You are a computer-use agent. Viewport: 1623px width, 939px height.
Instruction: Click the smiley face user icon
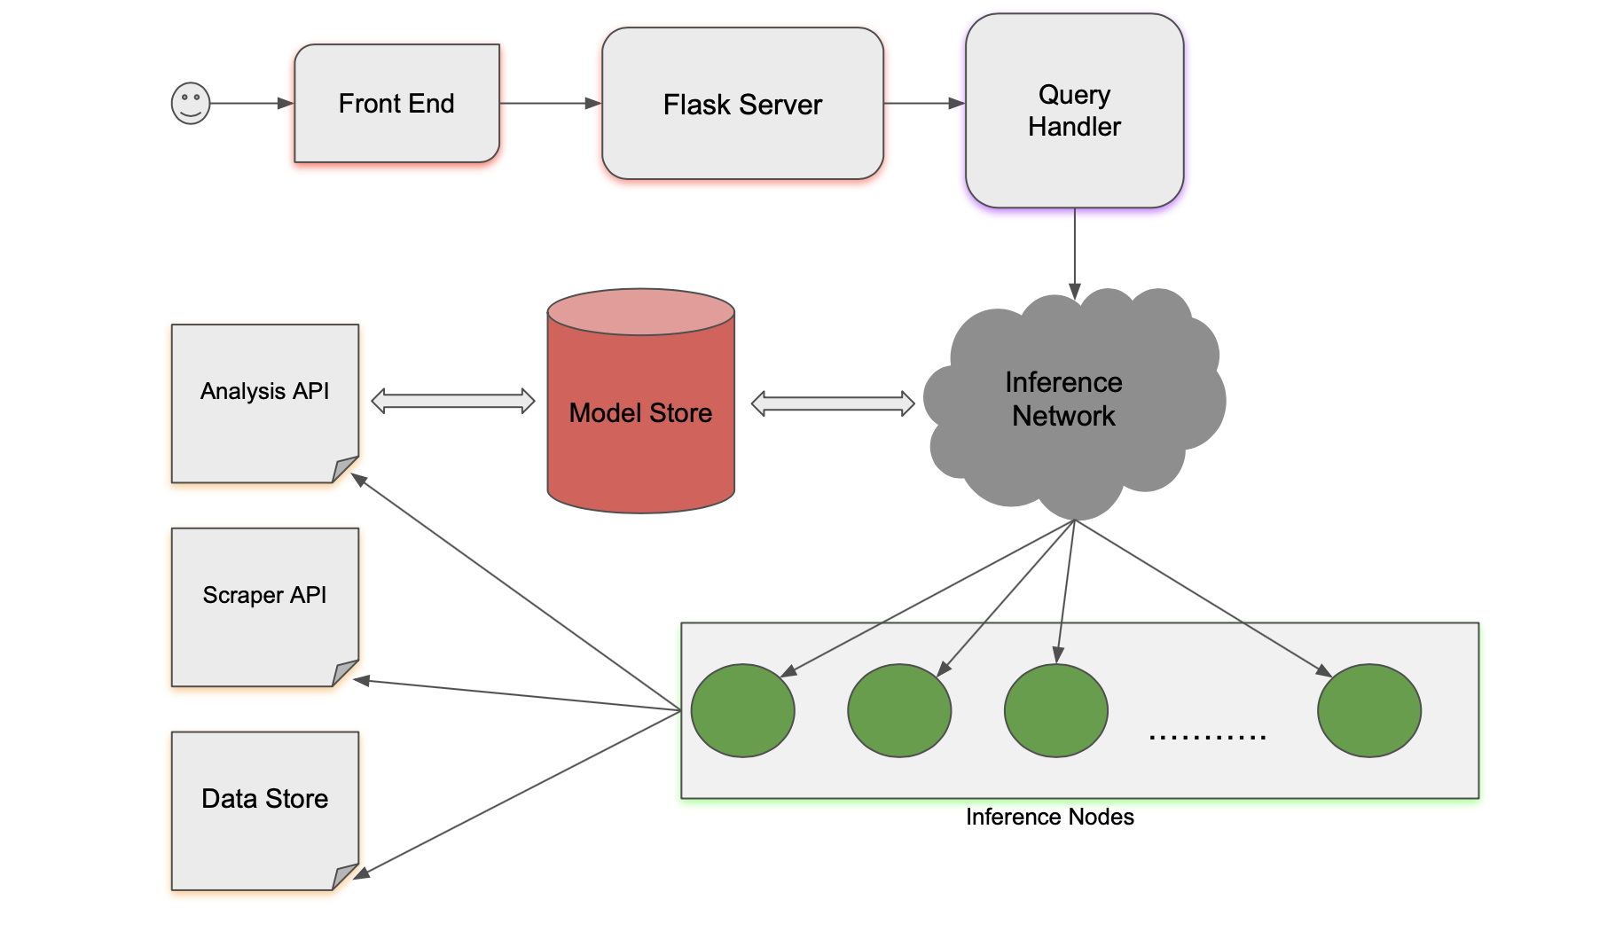click(190, 104)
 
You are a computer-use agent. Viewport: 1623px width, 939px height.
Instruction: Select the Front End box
click(396, 104)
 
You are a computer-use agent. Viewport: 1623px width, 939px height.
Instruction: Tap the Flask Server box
click(742, 104)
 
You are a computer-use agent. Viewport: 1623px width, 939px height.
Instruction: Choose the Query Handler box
click(1074, 111)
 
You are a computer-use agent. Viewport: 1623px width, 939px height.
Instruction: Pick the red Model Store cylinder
click(640, 412)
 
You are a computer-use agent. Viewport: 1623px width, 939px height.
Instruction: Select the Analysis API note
click(264, 403)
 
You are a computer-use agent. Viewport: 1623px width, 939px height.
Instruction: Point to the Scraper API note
click(264, 607)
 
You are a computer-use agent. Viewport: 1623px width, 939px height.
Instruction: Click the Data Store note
click(264, 810)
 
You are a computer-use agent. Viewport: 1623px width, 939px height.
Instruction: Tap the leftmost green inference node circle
click(742, 710)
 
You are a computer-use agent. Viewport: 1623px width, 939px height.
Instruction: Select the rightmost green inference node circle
click(1368, 710)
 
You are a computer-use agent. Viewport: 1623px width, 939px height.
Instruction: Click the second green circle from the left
click(899, 710)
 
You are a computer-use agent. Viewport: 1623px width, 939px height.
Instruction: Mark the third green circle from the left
click(1055, 710)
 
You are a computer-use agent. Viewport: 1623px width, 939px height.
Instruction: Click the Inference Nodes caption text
click(1049, 817)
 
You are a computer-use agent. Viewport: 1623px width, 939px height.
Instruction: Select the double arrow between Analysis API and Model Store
click(453, 401)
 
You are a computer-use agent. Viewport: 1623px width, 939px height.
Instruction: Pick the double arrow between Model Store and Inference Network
click(832, 403)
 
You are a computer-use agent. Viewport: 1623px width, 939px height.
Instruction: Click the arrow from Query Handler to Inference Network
click(1074, 253)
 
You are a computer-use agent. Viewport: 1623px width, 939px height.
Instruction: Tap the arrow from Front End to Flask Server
click(550, 104)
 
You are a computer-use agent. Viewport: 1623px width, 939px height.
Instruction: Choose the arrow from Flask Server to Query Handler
click(923, 104)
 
